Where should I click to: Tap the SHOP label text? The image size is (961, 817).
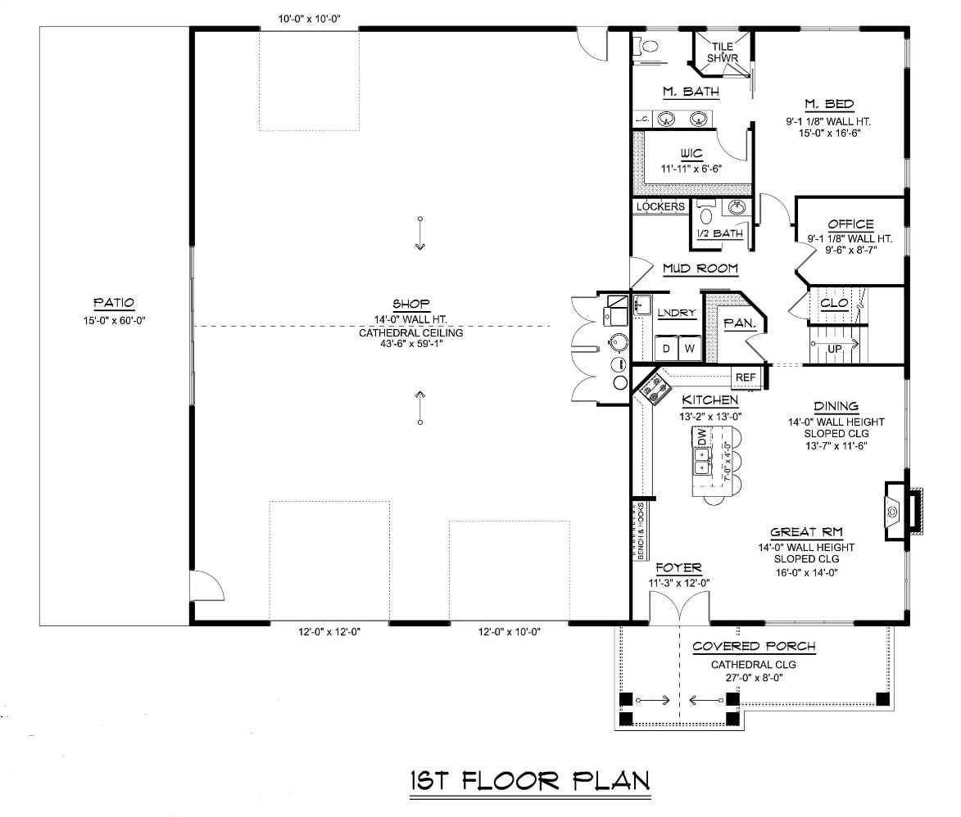pyautogui.click(x=411, y=303)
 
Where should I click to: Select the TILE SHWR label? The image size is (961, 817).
pyautogui.click(x=723, y=52)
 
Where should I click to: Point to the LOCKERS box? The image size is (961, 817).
pyautogui.click(x=660, y=207)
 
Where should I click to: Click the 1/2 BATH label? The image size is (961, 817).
pyautogui.click(x=719, y=234)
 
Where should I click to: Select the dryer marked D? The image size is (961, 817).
pyautogui.click(x=666, y=350)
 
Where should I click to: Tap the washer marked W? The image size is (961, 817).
pyautogui.click(x=689, y=350)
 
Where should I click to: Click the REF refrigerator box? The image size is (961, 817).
pyautogui.click(x=746, y=377)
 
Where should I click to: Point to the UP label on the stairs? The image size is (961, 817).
pyautogui.click(x=834, y=348)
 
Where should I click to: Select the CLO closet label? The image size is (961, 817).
pyautogui.click(x=833, y=303)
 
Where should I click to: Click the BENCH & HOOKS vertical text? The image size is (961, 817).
pyautogui.click(x=641, y=531)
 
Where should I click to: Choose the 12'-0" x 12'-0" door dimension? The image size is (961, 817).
pyautogui.click(x=329, y=632)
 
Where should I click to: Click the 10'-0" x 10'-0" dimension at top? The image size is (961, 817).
pyautogui.click(x=308, y=18)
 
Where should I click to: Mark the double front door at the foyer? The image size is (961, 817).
pyautogui.click(x=680, y=609)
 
